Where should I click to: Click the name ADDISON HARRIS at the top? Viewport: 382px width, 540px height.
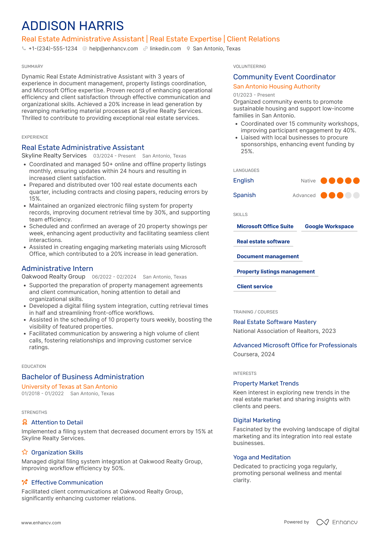tap(73, 26)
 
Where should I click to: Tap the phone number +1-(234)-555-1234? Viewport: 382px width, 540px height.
tap(53, 49)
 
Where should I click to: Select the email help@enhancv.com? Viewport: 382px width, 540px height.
tap(113, 49)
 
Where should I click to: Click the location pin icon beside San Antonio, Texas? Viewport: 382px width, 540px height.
tap(188, 49)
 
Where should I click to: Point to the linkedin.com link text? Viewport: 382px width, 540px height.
tap(165, 49)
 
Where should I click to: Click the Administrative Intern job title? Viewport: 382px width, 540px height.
tap(57, 269)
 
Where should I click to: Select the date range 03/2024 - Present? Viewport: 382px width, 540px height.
tap(114, 156)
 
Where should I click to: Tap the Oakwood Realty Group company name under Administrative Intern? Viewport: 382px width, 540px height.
tap(53, 277)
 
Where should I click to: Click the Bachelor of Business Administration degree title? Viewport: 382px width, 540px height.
tap(83, 377)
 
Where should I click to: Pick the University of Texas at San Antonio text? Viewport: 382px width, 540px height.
tap(69, 387)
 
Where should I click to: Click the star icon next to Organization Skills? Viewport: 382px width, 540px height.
tap(25, 452)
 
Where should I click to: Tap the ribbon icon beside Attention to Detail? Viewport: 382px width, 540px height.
tap(25, 422)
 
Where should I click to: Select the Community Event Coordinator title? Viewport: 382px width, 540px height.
tap(284, 77)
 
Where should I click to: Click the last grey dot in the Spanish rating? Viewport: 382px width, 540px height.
tap(356, 195)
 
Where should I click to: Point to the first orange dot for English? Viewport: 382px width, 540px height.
tap(324, 181)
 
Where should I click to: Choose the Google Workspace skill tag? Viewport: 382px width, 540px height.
tap(329, 227)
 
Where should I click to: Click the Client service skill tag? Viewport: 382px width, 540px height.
tap(254, 287)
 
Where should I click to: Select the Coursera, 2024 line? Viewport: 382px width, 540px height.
tap(254, 354)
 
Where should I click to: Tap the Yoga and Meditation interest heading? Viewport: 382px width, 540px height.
tap(262, 457)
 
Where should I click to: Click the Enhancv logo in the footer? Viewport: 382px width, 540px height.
tap(337, 522)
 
